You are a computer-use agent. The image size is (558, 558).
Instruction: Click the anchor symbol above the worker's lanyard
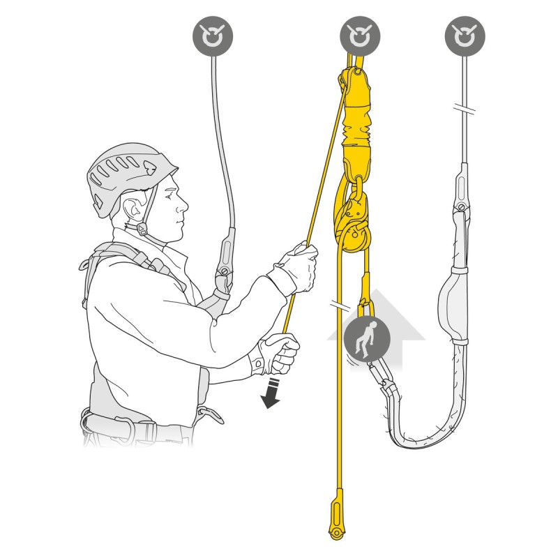[x=213, y=35]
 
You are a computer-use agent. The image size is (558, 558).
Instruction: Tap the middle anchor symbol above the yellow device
[x=360, y=35]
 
